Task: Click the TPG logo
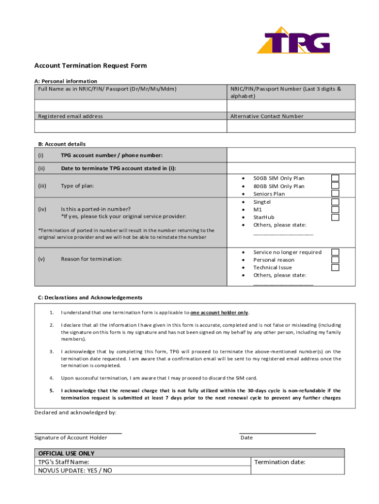coord(293,40)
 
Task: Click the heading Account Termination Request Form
coord(90,65)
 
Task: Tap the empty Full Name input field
coord(130,106)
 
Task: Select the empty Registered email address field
coord(130,126)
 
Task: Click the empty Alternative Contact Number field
coord(290,126)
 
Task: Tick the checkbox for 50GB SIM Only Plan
coord(335,178)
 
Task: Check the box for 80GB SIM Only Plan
coord(335,186)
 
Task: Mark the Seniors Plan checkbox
coord(335,194)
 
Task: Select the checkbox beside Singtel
coord(335,202)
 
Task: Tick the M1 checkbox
coord(335,210)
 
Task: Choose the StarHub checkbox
coord(335,217)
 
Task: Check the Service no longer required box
coord(335,252)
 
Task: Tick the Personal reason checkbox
coord(335,260)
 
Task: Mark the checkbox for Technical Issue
coord(335,268)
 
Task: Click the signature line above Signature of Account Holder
coord(78,433)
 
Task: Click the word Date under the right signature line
coord(247,438)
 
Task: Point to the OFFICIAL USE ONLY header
coord(66,453)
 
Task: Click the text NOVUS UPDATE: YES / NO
coord(75,471)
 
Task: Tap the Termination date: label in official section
coord(280,462)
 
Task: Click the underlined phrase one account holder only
coord(220,313)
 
